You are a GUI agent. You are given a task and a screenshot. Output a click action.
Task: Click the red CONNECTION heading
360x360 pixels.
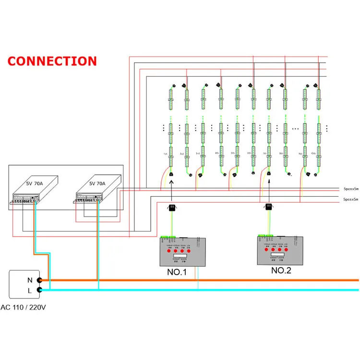[x=52, y=61]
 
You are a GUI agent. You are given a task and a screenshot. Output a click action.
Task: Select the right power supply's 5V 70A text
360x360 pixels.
[x=98, y=183]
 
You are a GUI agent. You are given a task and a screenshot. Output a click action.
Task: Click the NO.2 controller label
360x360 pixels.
[x=281, y=270]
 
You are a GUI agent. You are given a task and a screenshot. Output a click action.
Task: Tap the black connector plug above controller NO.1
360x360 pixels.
[x=171, y=207]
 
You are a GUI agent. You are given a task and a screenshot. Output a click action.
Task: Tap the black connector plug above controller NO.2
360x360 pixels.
[x=269, y=207]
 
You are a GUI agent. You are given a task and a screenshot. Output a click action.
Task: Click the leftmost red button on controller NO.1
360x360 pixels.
[x=169, y=251]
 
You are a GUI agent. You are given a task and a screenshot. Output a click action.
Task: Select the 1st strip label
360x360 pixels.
[x=165, y=154]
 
